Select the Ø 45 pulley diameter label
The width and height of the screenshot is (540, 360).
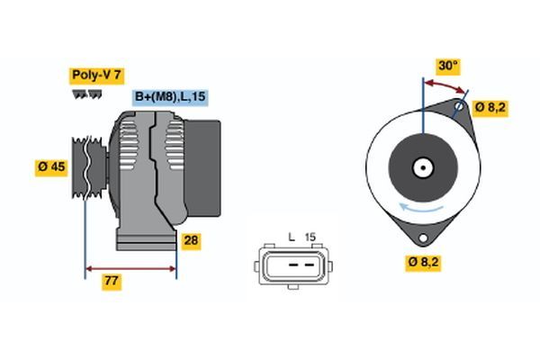point(52,167)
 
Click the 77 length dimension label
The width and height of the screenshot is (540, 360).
point(112,282)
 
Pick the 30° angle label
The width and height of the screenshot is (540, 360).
point(447,66)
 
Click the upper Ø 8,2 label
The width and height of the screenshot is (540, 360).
point(490,107)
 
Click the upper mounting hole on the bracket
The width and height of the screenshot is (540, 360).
point(460,107)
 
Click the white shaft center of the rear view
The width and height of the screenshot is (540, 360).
point(421,166)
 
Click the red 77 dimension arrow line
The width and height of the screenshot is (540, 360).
point(130,267)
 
